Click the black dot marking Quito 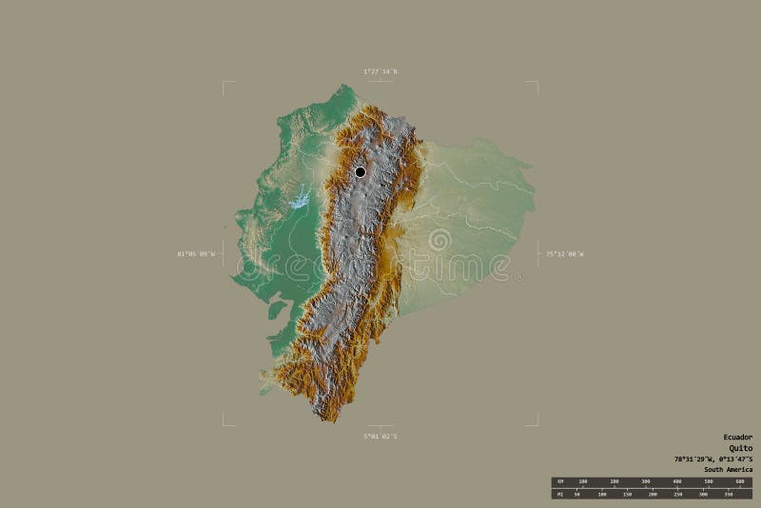point(360,171)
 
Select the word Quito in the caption point(740,448)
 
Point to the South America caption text point(728,470)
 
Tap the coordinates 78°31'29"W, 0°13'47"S point(713,459)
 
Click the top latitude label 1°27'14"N point(380,71)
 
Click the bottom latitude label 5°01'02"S point(380,436)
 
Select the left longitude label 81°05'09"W point(195,254)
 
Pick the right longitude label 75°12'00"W point(564,254)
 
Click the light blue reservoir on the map point(300,200)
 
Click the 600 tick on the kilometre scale point(739,481)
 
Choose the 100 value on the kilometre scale point(583,481)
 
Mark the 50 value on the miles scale point(576,494)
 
